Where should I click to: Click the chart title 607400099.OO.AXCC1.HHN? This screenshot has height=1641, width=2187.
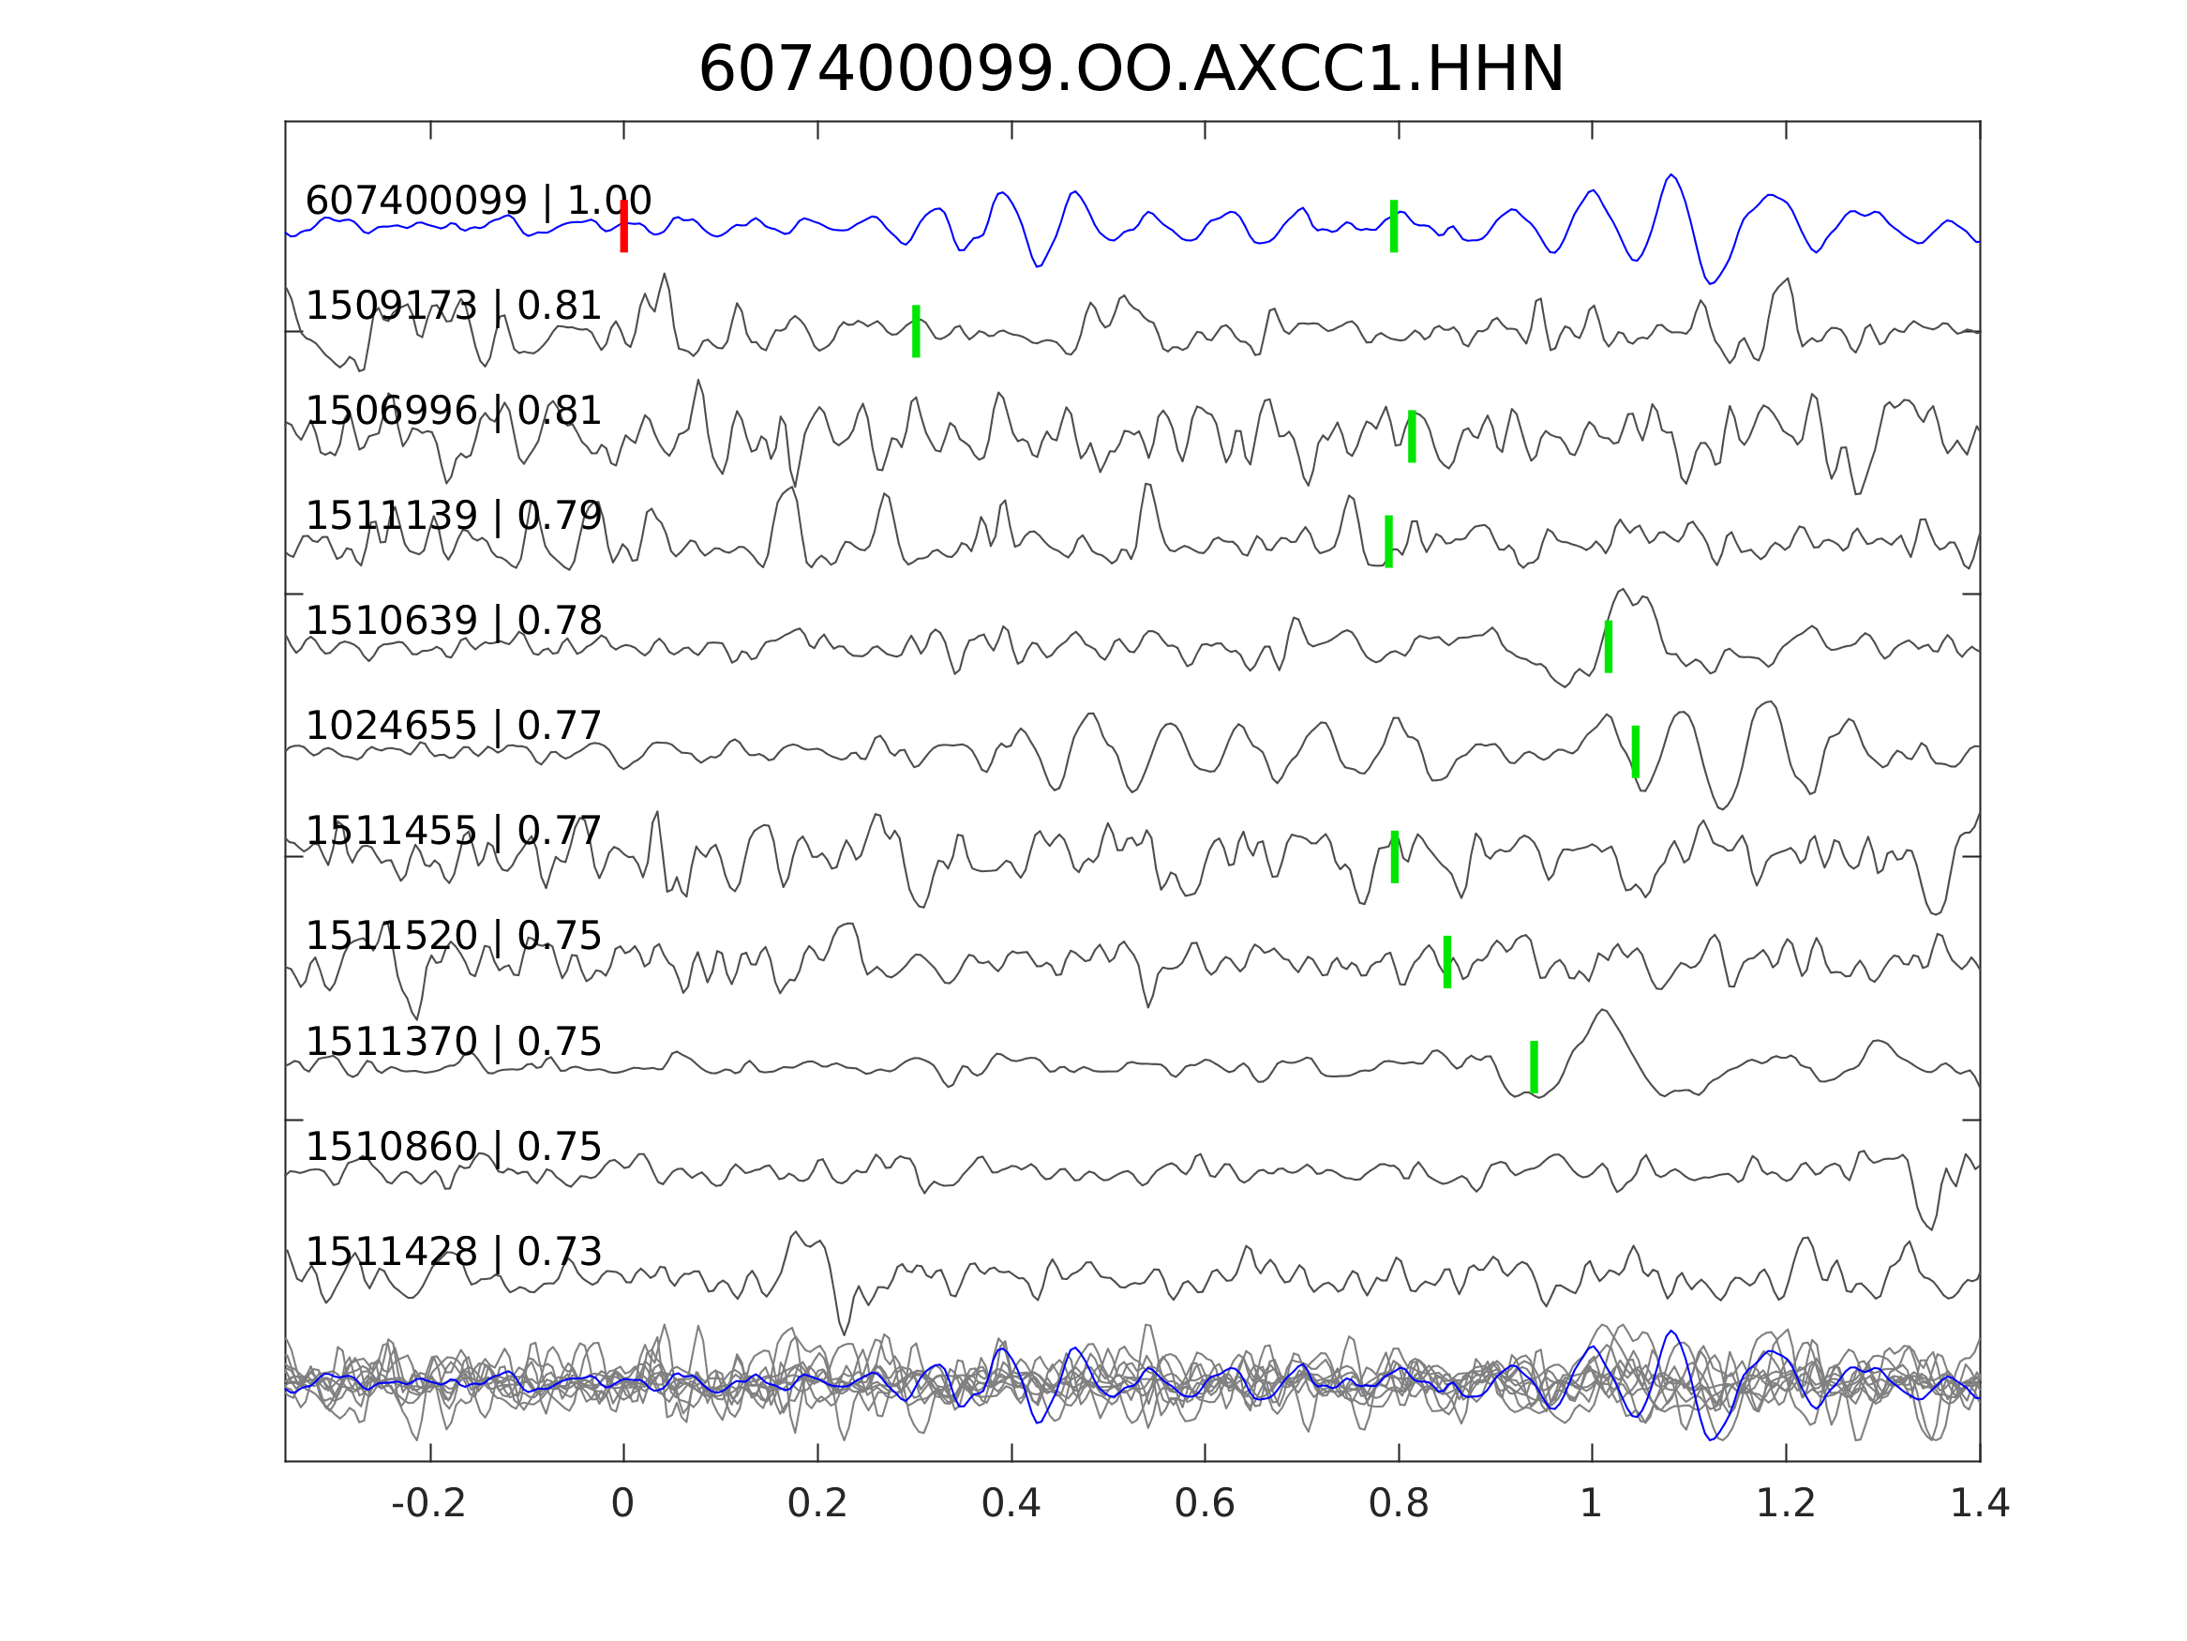[x=1131, y=70]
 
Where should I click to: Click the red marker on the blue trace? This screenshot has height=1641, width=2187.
[x=624, y=226]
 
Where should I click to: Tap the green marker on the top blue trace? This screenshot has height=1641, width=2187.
[x=1394, y=226]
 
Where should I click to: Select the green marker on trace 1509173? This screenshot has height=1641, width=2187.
[x=917, y=330]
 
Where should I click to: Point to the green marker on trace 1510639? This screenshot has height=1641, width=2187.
[x=1609, y=647]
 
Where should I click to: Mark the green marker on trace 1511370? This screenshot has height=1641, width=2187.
[x=1535, y=1067]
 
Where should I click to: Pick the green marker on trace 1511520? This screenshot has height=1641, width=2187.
[x=1447, y=961]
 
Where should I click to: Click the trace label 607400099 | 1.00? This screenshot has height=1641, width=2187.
[x=477, y=201]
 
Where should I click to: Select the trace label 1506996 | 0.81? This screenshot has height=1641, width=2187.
[x=453, y=411]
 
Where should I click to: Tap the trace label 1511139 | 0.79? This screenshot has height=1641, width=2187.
[x=453, y=516]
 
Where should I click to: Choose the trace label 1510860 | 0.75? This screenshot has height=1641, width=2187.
[x=453, y=1148]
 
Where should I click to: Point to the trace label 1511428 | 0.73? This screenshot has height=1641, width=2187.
[x=453, y=1252]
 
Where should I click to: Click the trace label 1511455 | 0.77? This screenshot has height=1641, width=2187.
[x=453, y=831]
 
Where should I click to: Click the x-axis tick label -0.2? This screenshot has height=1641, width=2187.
[x=429, y=1504]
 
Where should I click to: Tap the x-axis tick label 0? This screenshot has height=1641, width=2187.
[x=622, y=1504]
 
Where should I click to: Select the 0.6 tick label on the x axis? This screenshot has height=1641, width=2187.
[x=1205, y=1504]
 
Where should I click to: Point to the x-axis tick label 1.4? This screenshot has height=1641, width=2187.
[x=1980, y=1504]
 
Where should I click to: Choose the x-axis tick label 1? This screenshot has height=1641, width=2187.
[x=1591, y=1504]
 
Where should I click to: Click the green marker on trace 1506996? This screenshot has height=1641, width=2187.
[x=1412, y=436]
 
